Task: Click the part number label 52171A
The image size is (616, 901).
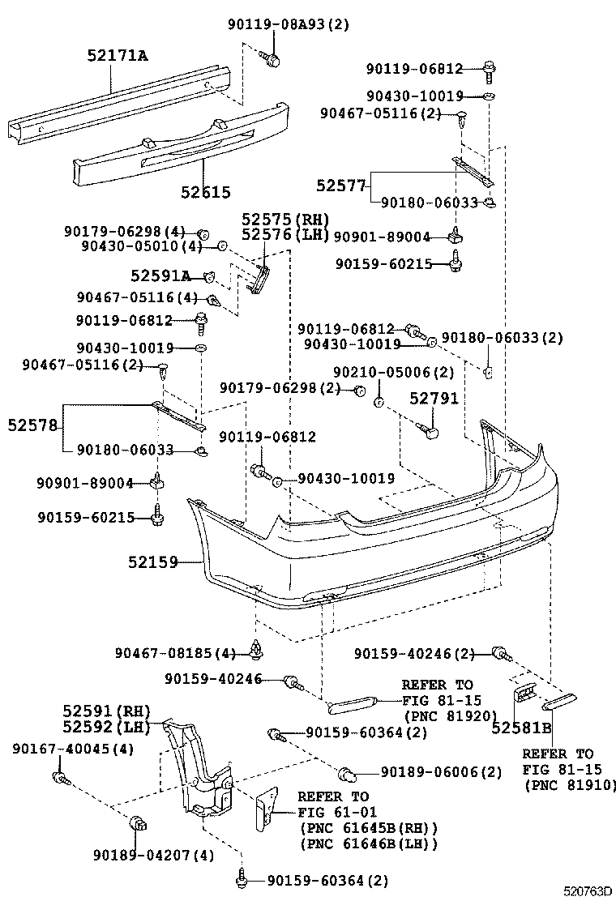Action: point(118,55)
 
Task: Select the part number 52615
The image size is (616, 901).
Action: point(205,192)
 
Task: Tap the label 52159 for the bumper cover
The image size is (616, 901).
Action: point(152,561)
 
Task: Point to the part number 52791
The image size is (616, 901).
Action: point(433,399)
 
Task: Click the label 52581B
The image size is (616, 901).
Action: point(521,728)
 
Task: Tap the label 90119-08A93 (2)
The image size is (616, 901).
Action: point(287,24)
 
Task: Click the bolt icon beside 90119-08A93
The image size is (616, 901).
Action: point(271,58)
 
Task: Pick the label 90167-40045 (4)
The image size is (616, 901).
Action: point(73,749)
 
